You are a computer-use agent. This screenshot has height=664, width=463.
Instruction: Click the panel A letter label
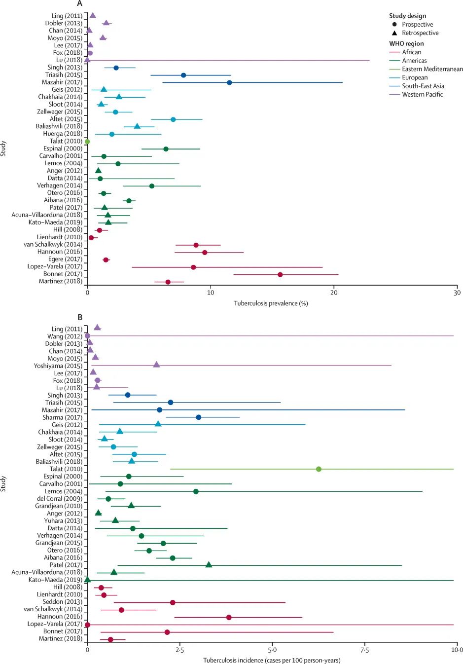(x=79, y=4)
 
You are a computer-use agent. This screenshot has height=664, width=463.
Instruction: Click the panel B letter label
(x=80, y=317)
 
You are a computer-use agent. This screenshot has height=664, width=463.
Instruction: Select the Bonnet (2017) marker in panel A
(x=280, y=274)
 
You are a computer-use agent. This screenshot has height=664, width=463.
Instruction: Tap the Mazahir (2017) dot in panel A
(x=229, y=82)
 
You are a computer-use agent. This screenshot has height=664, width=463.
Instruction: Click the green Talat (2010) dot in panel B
(x=319, y=469)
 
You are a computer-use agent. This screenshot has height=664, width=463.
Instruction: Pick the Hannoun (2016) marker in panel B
(x=229, y=617)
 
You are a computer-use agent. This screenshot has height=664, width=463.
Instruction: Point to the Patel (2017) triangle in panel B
(x=209, y=564)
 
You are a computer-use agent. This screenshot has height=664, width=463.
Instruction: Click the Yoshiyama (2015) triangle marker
(x=156, y=365)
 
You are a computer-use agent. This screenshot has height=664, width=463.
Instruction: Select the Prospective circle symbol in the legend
(x=394, y=25)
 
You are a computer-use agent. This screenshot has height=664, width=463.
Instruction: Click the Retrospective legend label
(x=420, y=33)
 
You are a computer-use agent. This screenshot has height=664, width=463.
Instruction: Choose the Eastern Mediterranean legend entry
(x=432, y=69)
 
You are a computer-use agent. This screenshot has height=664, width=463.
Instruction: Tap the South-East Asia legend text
(x=423, y=86)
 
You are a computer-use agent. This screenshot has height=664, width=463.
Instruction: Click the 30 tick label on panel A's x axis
(x=457, y=293)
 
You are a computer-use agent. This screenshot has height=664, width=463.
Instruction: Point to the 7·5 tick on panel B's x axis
(x=365, y=650)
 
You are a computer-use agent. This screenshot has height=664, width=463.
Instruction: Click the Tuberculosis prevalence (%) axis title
(x=271, y=303)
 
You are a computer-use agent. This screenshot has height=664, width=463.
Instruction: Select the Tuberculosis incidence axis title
(x=272, y=660)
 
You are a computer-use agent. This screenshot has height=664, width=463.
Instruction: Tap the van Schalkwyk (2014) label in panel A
(x=53, y=245)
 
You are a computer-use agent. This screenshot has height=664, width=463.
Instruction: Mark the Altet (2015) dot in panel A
(x=173, y=119)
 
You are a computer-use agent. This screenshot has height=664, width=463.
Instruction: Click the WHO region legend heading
(x=406, y=43)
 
